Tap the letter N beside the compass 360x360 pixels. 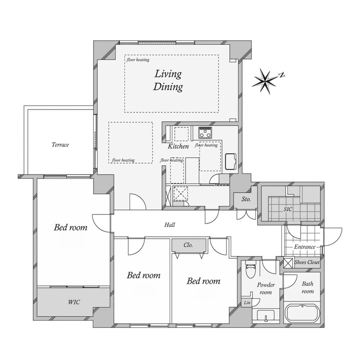(282, 75)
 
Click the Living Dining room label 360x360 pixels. (168, 80)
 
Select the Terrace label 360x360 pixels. (60, 145)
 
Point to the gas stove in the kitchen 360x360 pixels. (205, 132)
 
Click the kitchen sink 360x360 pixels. (230, 161)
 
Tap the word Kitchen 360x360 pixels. (178, 146)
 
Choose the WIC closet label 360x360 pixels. (74, 302)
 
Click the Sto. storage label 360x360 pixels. (246, 199)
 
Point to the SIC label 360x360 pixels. (288, 209)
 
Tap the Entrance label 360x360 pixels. (305, 247)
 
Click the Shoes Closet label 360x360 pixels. (307, 262)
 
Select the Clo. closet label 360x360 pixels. (188, 245)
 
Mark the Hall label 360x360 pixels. (170, 225)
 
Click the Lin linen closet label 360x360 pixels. (247, 303)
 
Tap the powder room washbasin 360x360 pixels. (266, 315)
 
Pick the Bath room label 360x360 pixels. (308, 287)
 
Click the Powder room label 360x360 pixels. (266, 289)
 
